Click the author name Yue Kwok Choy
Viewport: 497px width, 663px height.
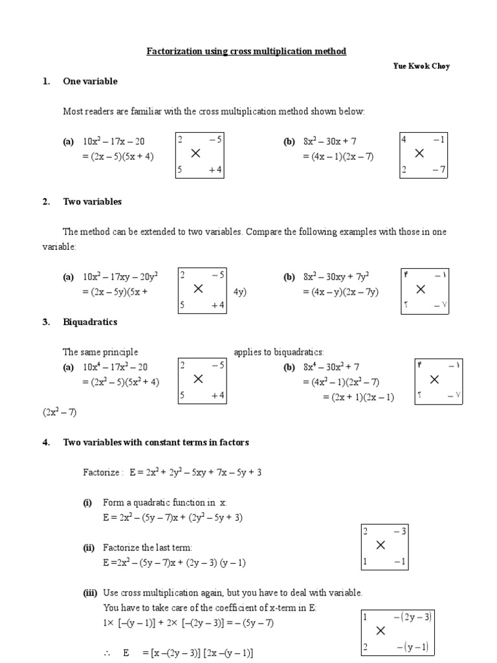tap(421, 67)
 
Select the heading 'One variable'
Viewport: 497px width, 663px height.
tap(90, 82)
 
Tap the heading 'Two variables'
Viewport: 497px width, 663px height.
tap(92, 202)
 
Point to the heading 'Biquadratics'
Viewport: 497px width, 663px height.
tap(90, 322)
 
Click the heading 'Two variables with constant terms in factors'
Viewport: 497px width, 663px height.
tap(155, 442)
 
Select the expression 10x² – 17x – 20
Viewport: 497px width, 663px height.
tap(113, 142)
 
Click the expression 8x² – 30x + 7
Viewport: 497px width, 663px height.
tap(329, 142)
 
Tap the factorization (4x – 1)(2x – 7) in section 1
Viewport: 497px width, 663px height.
tap(338, 157)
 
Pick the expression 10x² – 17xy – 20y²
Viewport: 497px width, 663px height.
tap(120, 277)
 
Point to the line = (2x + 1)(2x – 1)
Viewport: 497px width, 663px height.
tap(359, 397)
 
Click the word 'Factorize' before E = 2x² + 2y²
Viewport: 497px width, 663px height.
tap(102, 473)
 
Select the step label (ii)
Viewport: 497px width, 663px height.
tap(89, 547)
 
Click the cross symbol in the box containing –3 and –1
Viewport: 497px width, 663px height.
tap(381, 546)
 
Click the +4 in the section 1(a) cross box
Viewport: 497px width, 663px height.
tap(215, 170)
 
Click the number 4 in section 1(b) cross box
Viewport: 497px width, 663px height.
tap(404, 139)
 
